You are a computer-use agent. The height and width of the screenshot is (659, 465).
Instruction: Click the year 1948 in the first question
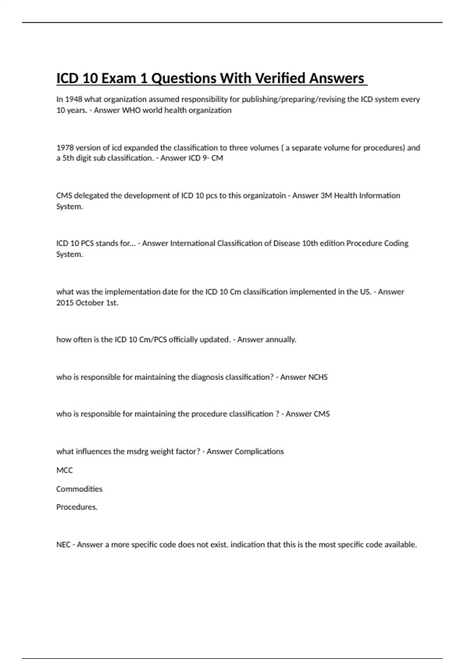point(73,99)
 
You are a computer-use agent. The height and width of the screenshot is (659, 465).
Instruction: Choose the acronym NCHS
point(317,377)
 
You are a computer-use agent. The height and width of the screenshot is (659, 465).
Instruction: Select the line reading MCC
point(64,470)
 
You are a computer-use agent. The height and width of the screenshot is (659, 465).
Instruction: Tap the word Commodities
point(79,489)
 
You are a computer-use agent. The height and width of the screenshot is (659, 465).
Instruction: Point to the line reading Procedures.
point(77,507)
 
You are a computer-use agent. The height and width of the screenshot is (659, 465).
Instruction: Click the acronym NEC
point(63,545)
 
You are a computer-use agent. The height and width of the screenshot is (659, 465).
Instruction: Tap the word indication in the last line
point(248,545)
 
